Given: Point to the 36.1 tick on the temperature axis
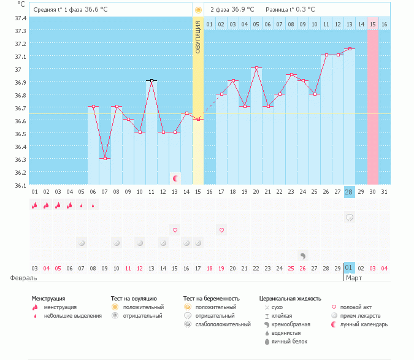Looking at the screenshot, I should tap(20, 185).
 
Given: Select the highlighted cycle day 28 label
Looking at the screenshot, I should tap(349, 192).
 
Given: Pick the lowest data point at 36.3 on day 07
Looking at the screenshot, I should tap(105, 158).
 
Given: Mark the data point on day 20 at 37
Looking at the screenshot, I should tap(256, 67).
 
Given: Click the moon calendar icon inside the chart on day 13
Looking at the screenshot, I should tap(175, 178).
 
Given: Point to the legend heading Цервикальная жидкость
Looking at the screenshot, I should tap(290, 299).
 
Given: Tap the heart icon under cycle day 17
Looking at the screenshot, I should tap(221, 230).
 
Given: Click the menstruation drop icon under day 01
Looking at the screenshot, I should tap(35, 205).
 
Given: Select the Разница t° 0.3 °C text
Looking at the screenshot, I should tap(290, 10).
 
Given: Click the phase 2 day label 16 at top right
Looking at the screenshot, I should tap(384, 24).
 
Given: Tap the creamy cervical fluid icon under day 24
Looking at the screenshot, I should tap(302, 255).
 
